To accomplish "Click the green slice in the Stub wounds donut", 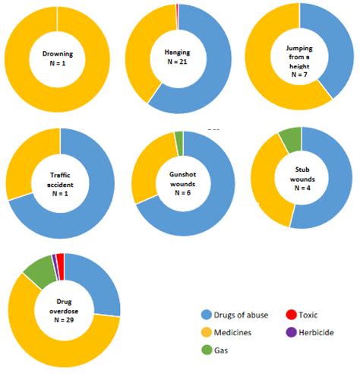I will [x=290, y=138].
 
